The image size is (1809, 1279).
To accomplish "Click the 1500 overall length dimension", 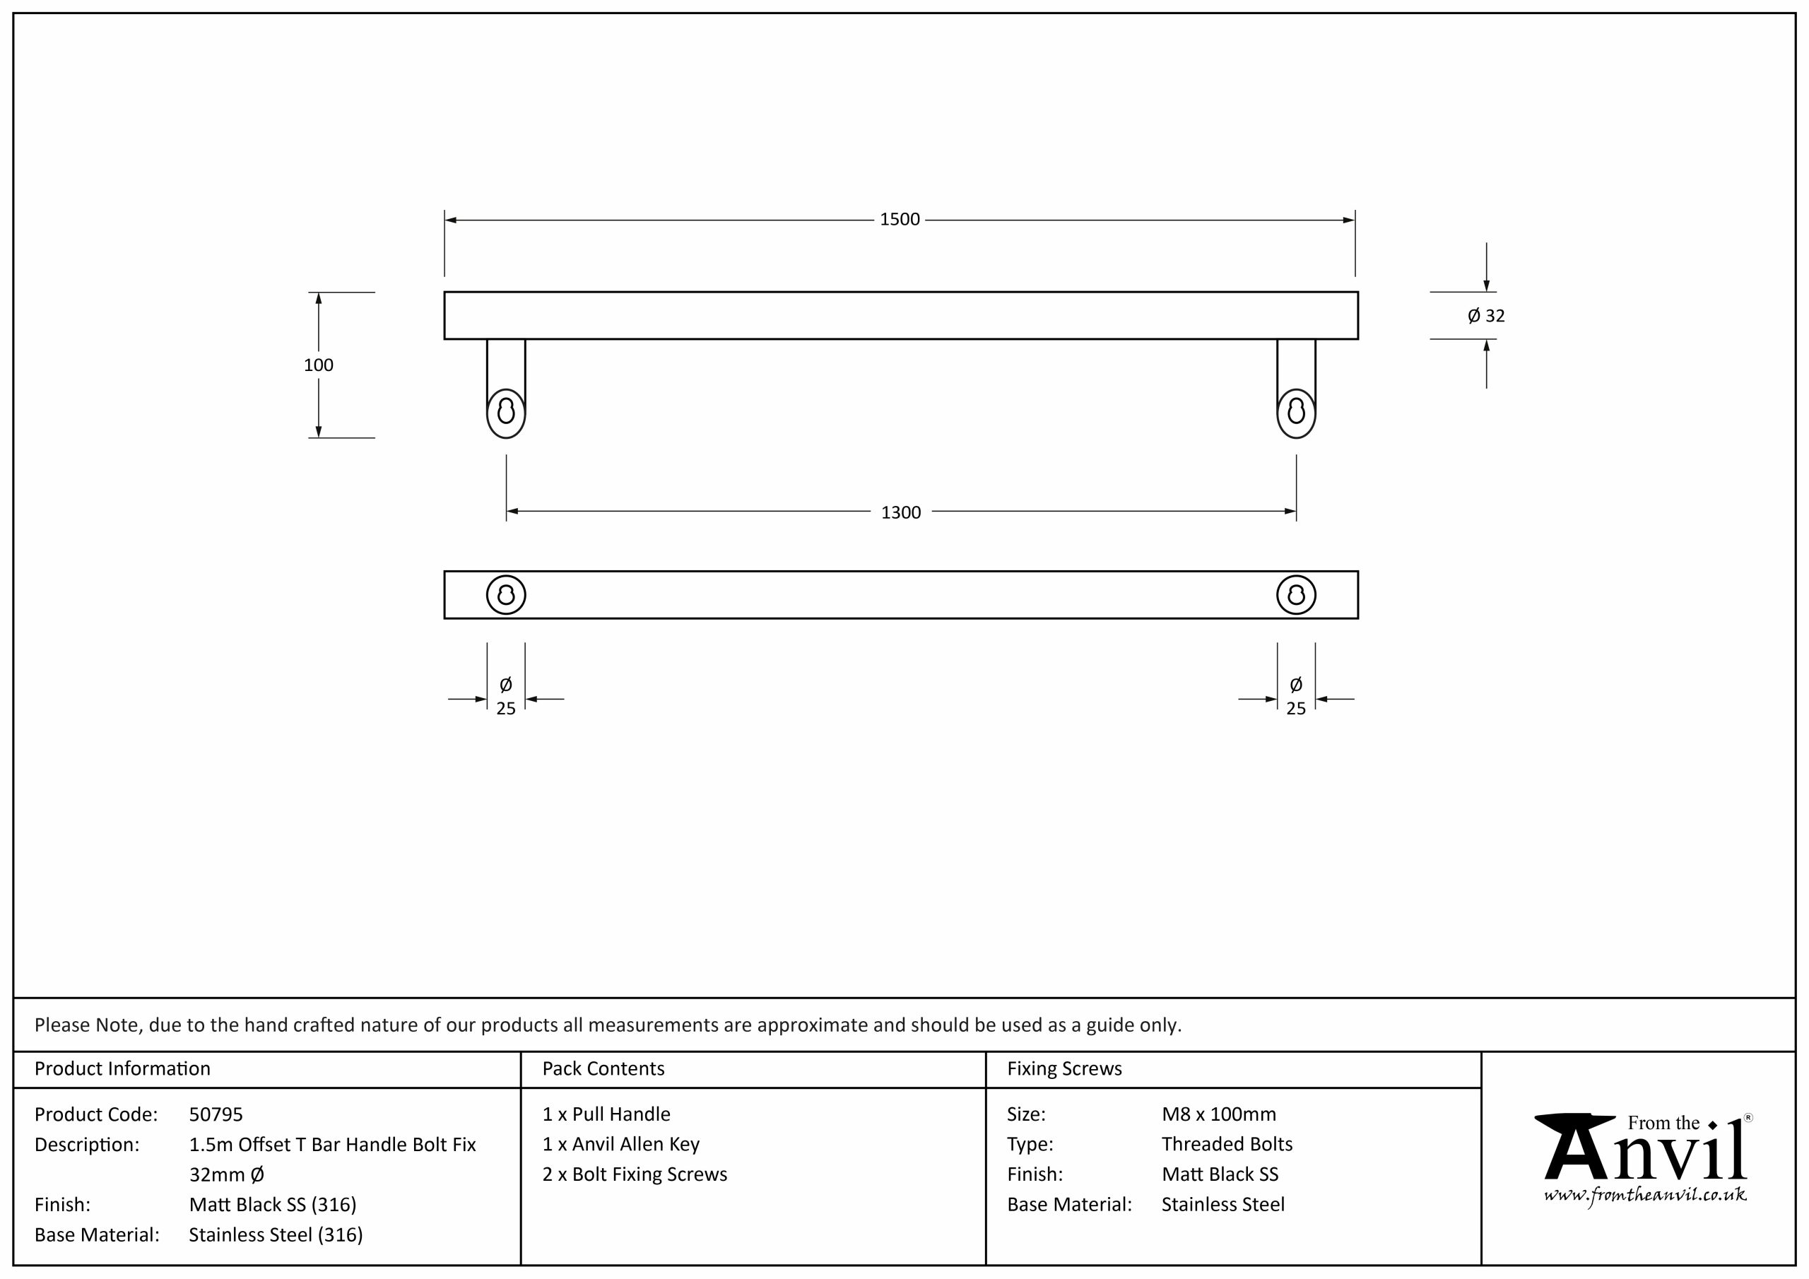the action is tap(900, 219).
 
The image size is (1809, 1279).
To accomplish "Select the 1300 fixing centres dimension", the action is tap(900, 512).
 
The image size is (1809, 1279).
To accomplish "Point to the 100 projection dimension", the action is tap(318, 365).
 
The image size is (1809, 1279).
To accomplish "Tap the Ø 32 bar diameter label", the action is tap(1486, 316).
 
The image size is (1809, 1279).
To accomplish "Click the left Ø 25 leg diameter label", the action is tap(506, 697).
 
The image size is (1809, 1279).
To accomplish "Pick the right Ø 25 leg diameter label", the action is tap(1296, 697).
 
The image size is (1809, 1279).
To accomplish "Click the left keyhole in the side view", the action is tap(506, 411).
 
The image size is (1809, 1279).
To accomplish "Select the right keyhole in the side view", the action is tap(1296, 411).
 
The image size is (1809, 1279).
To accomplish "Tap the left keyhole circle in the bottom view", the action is tap(506, 577).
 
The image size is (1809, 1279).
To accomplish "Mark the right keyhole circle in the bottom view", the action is tap(1296, 577).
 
